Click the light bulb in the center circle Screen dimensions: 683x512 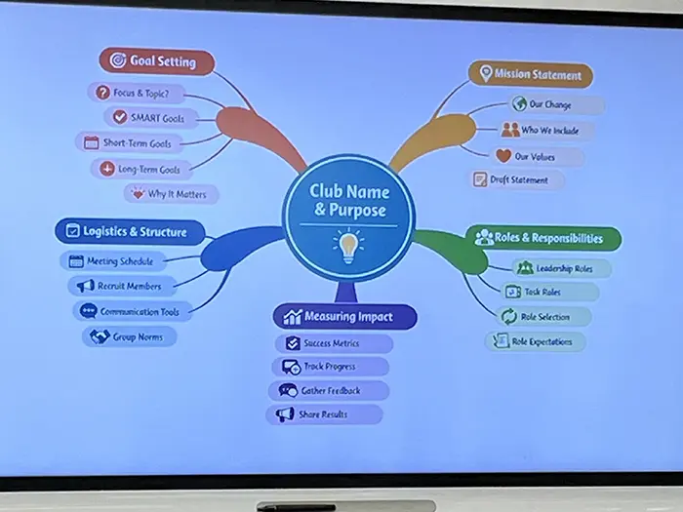(x=348, y=247)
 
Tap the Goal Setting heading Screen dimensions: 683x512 (x=157, y=60)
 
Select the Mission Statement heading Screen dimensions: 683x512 (x=531, y=74)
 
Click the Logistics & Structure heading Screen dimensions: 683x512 (x=130, y=231)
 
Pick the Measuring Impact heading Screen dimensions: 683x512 (x=345, y=317)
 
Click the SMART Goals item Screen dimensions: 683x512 (x=151, y=118)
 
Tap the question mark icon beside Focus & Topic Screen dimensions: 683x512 (x=102, y=93)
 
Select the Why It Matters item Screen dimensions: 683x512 (x=171, y=194)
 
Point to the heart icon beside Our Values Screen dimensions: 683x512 (x=503, y=156)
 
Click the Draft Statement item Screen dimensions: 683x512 (x=516, y=179)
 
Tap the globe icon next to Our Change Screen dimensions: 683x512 (x=519, y=104)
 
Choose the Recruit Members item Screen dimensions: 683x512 (x=122, y=286)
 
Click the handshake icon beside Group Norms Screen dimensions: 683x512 (x=100, y=336)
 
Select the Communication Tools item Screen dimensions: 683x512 (x=133, y=312)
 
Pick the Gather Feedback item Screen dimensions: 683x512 (x=329, y=390)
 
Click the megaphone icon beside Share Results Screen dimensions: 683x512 (x=285, y=414)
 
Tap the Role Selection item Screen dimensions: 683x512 (x=543, y=317)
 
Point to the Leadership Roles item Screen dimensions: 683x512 (x=561, y=268)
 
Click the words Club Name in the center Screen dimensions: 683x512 (x=349, y=191)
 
